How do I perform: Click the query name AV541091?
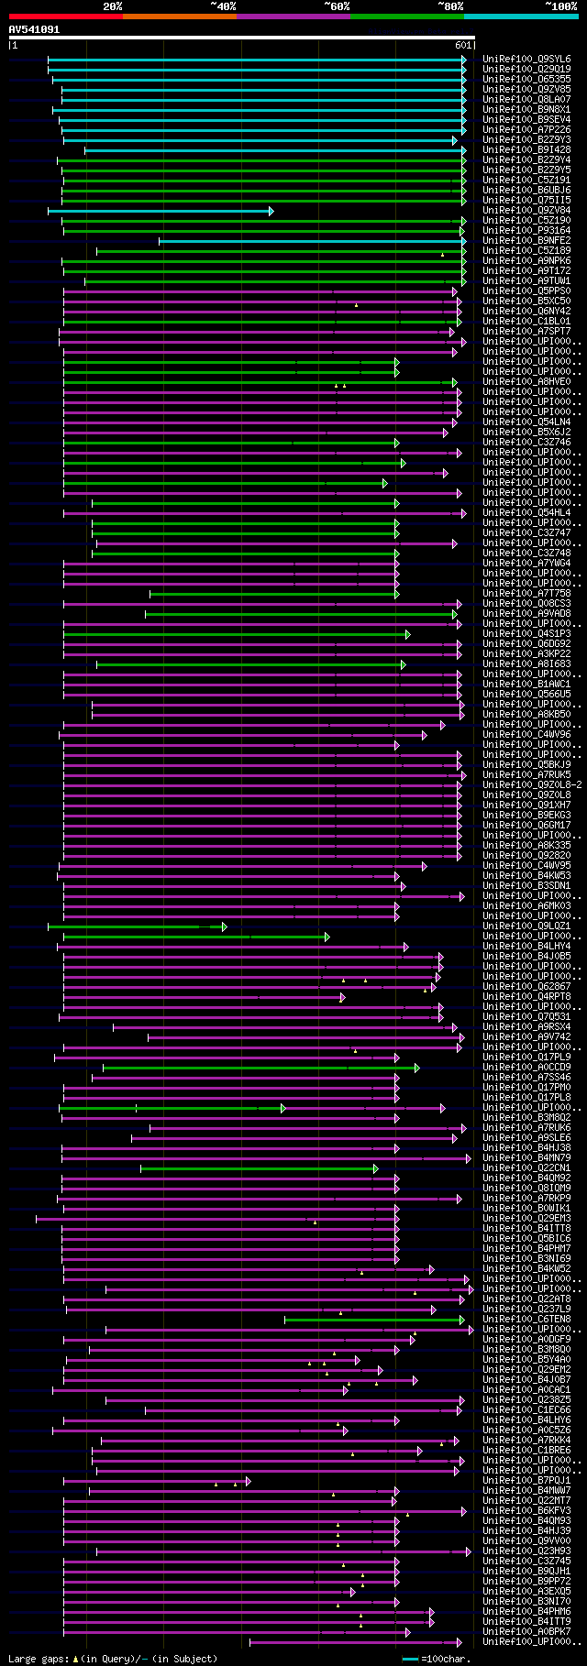click(x=34, y=29)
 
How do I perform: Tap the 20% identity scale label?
click(x=113, y=6)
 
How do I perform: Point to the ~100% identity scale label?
click(x=560, y=6)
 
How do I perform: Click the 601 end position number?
click(x=463, y=45)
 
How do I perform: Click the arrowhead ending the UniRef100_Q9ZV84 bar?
click(x=271, y=211)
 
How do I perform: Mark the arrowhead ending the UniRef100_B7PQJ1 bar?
click(x=248, y=1481)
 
